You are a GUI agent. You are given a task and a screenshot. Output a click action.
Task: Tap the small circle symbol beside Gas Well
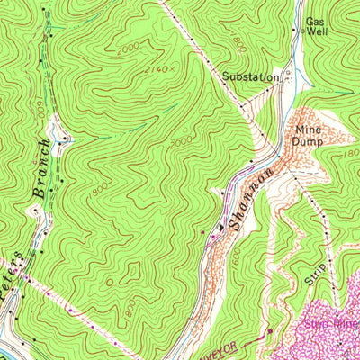tap(301, 30)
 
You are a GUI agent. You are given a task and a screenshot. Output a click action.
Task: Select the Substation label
tap(251, 77)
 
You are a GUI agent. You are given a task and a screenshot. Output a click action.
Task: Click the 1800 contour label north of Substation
tap(238, 41)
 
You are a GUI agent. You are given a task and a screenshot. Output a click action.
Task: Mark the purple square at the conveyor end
tap(267, 333)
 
